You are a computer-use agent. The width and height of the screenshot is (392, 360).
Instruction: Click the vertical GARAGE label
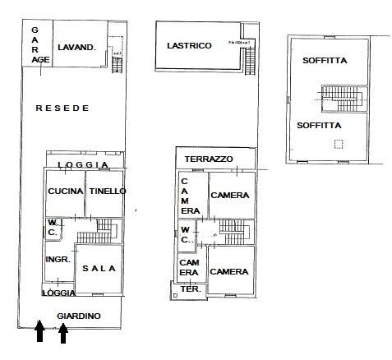tap(35, 44)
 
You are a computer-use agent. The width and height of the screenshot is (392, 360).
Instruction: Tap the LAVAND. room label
tap(76, 48)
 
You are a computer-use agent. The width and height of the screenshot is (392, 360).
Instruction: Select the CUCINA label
tap(65, 191)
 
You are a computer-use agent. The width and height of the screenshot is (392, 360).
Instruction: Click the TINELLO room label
tap(107, 191)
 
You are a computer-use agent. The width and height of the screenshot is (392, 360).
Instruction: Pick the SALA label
tap(99, 269)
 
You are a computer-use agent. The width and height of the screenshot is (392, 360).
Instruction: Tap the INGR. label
tap(56, 259)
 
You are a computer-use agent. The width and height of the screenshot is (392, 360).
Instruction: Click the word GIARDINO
tap(78, 316)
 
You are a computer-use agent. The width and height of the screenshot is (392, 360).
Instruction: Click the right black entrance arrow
tap(63, 334)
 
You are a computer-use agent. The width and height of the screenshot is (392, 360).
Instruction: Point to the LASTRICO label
tap(188, 46)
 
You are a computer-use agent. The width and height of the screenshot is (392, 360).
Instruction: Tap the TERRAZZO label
tap(208, 159)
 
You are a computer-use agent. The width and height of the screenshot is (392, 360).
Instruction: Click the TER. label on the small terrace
tap(190, 289)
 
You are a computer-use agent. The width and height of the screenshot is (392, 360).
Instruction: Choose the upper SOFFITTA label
tap(323, 60)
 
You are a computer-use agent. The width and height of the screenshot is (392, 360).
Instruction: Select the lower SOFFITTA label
tap(320, 125)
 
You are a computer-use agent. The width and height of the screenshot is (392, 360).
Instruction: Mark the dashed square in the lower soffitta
tap(339, 145)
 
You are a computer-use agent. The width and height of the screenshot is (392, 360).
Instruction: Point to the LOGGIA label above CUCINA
tap(83, 165)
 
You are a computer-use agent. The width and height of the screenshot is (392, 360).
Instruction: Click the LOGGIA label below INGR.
tap(59, 293)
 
